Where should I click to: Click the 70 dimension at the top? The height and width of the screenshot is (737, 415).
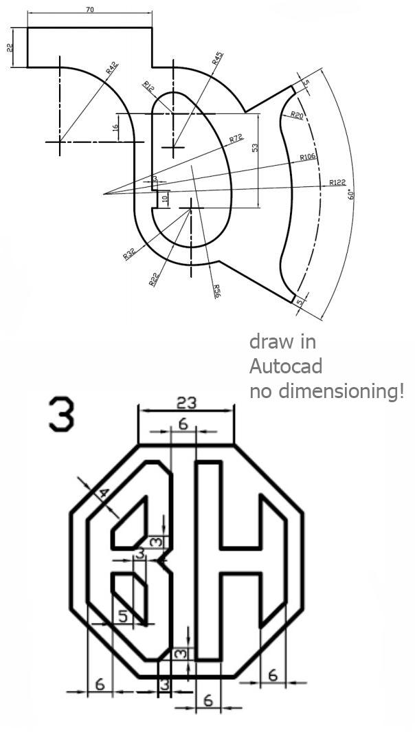point(89,10)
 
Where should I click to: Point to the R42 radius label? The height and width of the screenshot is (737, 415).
point(112,68)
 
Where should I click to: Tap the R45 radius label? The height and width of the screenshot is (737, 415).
point(217,58)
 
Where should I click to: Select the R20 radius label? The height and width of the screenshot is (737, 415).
point(297,115)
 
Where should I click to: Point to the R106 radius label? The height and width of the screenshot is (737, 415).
point(307,157)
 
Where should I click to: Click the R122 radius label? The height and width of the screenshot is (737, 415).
point(337,182)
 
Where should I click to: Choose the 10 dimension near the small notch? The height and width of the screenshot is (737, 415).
point(164,199)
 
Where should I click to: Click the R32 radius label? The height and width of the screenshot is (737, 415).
point(128,254)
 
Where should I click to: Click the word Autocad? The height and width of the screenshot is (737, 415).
point(285,366)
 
